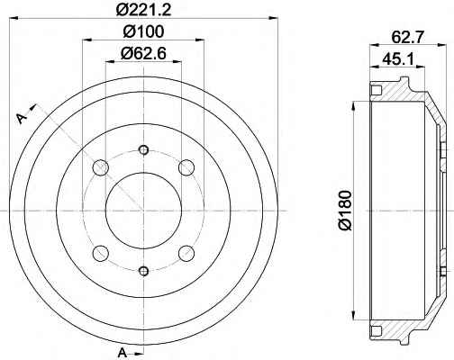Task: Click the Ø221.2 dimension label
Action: pyautogui.click(x=143, y=10)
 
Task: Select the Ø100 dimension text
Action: pyautogui.click(x=144, y=31)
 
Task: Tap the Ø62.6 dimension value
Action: pyautogui.click(x=143, y=54)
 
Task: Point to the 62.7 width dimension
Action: pyautogui.click(x=407, y=37)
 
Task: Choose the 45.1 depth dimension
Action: pyautogui.click(x=398, y=59)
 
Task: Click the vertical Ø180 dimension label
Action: pyautogui.click(x=345, y=211)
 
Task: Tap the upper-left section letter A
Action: pyautogui.click(x=22, y=118)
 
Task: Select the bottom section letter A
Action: pyautogui.click(x=122, y=352)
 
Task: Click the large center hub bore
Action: pyautogui.click(x=144, y=211)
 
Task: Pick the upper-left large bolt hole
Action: pyautogui.click(x=101, y=167)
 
